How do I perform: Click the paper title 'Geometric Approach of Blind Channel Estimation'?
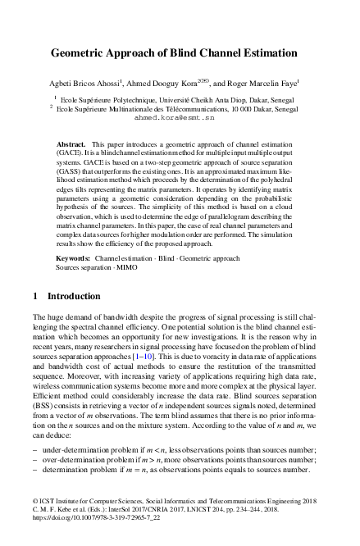coord(180,51)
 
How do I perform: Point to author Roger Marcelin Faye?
coord(263,82)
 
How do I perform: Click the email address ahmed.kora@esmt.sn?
coord(180,117)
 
